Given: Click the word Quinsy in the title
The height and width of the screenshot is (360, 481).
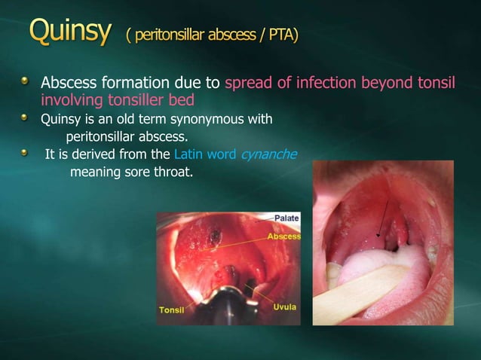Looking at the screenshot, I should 72,34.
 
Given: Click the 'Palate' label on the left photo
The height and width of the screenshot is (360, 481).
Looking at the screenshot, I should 286,218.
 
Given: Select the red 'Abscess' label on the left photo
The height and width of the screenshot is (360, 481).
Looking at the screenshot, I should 284,236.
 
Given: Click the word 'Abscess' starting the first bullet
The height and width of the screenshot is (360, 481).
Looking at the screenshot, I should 66,82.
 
